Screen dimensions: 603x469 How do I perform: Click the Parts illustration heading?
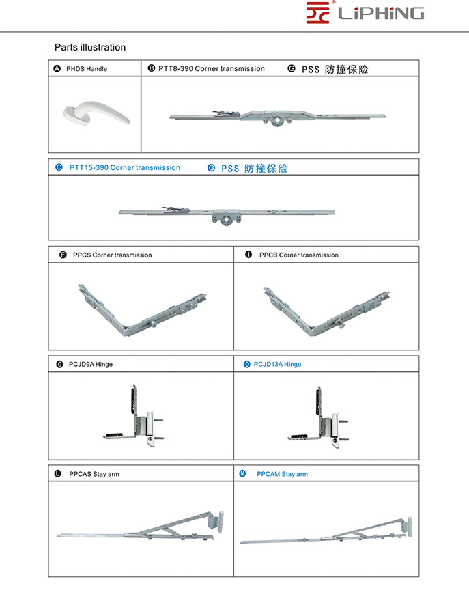[x=90, y=48]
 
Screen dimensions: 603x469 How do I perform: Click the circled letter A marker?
[x=57, y=69]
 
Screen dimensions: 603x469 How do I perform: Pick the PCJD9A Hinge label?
[x=91, y=364]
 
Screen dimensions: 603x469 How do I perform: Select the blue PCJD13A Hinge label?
[x=277, y=364]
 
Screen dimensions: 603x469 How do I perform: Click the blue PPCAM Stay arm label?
[x=282, y=474]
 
